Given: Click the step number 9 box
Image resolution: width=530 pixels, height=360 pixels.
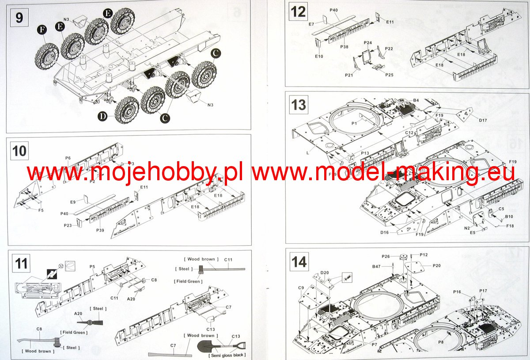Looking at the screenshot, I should point(19,18).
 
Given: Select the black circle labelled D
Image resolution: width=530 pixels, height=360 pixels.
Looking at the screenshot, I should point(102,117).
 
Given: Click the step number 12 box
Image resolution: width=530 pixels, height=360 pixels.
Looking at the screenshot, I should point(299,11).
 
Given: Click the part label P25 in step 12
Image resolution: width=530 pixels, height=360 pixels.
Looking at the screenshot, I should point(389,75).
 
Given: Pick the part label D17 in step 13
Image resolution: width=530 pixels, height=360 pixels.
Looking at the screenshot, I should point(482,119).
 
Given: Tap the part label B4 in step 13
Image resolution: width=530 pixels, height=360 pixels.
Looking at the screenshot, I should point(416,100).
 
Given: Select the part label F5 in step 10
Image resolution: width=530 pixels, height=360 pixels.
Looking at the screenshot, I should point(41,210).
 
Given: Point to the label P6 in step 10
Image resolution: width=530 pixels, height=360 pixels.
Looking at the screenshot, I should point(68,158).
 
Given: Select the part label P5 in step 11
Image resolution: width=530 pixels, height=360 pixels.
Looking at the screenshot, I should point(92,266).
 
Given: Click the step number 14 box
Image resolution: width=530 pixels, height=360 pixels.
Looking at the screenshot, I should point(299,262).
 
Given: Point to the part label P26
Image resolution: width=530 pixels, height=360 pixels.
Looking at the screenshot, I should point(386,256).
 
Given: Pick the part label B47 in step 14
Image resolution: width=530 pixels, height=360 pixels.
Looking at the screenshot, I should point(376,266).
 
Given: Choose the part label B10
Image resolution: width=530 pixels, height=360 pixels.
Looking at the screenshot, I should point(509,217).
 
